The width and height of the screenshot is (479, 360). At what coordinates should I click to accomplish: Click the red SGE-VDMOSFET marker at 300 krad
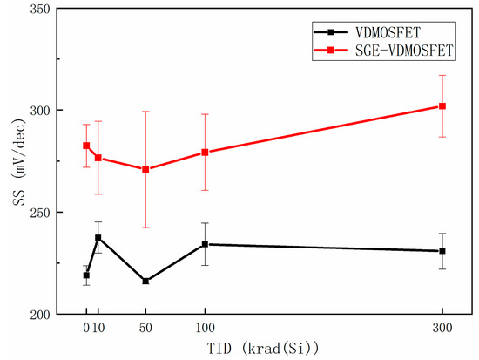coord(442,106)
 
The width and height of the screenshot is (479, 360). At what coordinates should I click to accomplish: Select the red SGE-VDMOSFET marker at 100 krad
coord(205,152)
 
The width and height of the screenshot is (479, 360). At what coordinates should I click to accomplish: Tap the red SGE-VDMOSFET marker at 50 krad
coord(145,169)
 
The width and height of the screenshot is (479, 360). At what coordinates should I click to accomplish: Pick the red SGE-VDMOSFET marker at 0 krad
coord(86,146)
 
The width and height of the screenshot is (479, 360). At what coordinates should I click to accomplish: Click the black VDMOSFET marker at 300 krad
coord(442,251)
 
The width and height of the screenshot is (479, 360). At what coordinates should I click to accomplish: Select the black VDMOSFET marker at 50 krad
coord(145,281)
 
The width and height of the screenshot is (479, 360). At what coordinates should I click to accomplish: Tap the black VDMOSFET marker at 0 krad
coord(86,275)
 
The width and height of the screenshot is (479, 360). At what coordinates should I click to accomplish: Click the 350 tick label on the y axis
coord(40,10)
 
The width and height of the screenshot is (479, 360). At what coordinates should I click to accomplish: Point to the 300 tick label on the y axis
coord(40,111)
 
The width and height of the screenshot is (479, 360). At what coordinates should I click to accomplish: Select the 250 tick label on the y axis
coord(40,213)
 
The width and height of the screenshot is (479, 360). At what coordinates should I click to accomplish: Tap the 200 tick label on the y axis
coord(40,314)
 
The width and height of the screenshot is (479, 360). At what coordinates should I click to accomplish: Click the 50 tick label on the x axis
coord(145,329)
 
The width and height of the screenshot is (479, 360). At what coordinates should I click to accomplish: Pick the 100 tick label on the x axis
coord(205,329)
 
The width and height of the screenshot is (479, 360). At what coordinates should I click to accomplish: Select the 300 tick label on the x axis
coord(442,329)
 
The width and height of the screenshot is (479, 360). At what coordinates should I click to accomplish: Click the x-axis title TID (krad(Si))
coord(261,349)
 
